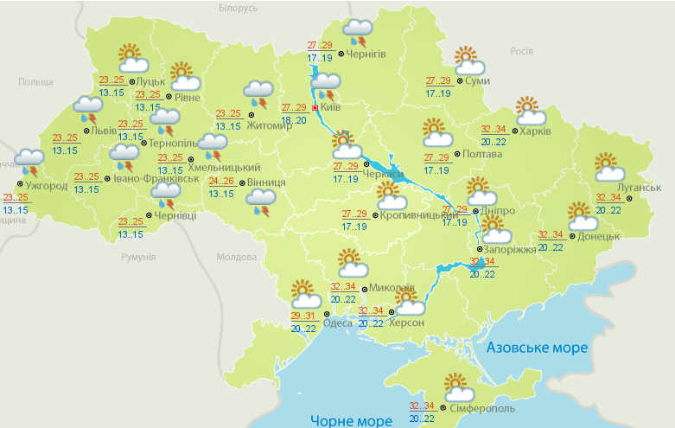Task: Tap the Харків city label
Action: (x=537, y=131)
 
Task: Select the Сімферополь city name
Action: (x=482, y=408)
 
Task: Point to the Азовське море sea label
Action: (x=537, y=348)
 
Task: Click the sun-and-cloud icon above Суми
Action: (x=468, y=61)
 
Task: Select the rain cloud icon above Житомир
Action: (x=257, y=93)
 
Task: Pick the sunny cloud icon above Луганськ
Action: (x=607, y=167)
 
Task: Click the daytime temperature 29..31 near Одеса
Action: (x=302, y=317)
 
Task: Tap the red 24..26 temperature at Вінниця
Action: (x=221, y=182)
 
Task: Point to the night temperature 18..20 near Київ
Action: (x=294, y=120)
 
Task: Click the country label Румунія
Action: (x=138, y=257)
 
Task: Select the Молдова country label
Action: (x=237, y=257)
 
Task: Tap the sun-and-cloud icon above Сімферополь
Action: (x=457, y=386)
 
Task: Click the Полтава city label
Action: (x=482, y=154)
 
